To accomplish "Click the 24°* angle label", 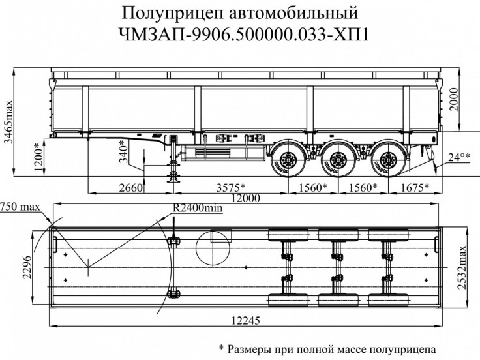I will click(459, 157).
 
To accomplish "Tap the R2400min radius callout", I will click(198, 208).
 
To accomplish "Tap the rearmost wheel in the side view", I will click(389, 158).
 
